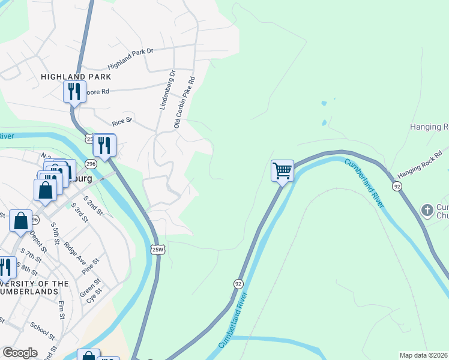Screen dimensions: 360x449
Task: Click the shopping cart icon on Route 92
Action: (x=282, y=170)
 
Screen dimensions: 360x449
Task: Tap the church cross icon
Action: (x=427, y=210)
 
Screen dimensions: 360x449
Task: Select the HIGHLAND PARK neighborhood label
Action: (x=76, y=77)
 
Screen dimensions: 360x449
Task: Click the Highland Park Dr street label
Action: (x=130, y=59)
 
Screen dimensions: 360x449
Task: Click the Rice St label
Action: (x=121, y=122)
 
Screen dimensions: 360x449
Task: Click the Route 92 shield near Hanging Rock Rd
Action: (x=397, y=187)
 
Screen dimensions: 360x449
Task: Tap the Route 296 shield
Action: (x=91, y=164)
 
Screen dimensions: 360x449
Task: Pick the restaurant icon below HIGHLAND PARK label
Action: (x=74, y=92)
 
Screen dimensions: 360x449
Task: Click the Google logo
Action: (x=20, y=352)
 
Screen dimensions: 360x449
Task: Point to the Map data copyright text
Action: (x=424, y=355)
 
